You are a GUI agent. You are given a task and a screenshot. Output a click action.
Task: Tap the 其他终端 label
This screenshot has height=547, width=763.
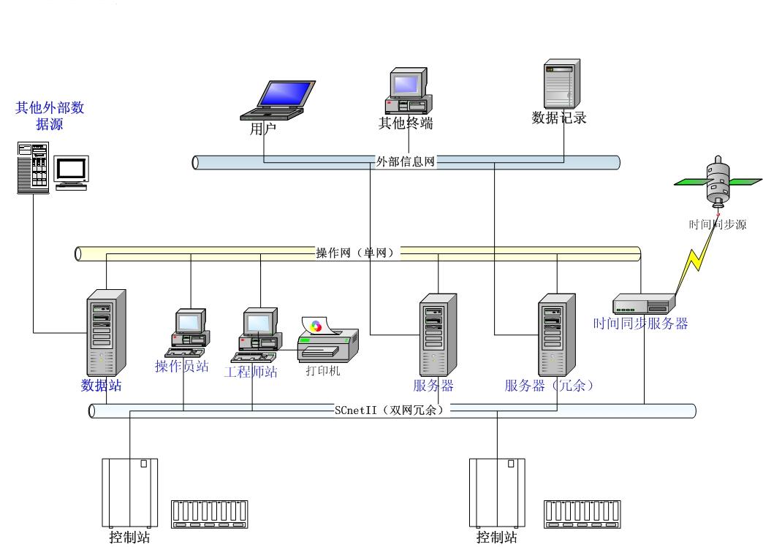(x=406, y=123)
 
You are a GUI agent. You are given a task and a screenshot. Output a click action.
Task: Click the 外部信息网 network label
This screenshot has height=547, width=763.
(x=406, y=161)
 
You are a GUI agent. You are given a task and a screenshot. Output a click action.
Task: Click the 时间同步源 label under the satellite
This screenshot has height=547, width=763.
(x=717, y=225)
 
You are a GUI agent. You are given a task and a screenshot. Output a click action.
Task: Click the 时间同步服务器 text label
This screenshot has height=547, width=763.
(x=640, y=324)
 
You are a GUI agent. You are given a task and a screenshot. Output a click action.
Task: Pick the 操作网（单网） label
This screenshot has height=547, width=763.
(x=355, y=253)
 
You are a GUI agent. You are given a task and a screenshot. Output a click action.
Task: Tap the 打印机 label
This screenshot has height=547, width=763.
(x=323, y=370)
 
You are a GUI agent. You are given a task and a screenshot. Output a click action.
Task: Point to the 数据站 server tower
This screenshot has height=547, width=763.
(x=106, y=332)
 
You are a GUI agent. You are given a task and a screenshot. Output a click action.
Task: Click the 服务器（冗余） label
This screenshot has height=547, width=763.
(x=549, y=386)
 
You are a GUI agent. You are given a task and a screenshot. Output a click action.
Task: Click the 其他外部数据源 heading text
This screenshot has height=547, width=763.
(x=50, y=116)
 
